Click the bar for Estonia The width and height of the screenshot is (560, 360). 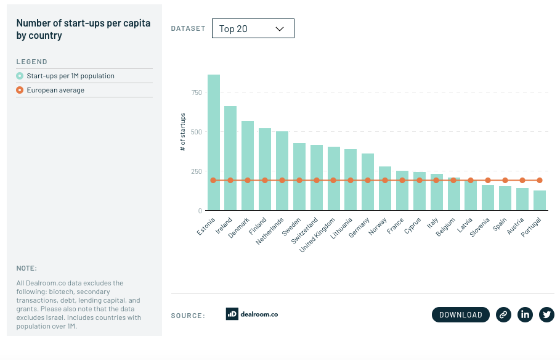[x=214, y=143]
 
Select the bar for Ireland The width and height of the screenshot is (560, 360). [x=230, y=158]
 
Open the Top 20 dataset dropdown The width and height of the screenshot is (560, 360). [x=253, y=28]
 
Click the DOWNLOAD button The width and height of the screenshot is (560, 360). [x=461, y=314]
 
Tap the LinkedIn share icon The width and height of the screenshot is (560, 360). [x=525, y=314]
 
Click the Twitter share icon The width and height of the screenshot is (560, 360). [x=546, y=314]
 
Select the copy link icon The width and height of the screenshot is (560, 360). [x=503, y=314]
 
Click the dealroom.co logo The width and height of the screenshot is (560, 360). [x=251, y=314]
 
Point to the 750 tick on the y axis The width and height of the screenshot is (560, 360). [x=197, y=92]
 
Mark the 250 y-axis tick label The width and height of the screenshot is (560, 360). [x=197, y=171]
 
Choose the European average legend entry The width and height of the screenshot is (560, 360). [x=55, y=90]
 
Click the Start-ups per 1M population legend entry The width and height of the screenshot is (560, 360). [x=70, y=76]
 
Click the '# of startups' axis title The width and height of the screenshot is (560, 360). [x=183, y=132]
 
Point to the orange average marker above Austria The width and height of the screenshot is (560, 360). [x=522, y=181]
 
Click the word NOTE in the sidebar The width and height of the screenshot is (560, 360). [x=26, y=268]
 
